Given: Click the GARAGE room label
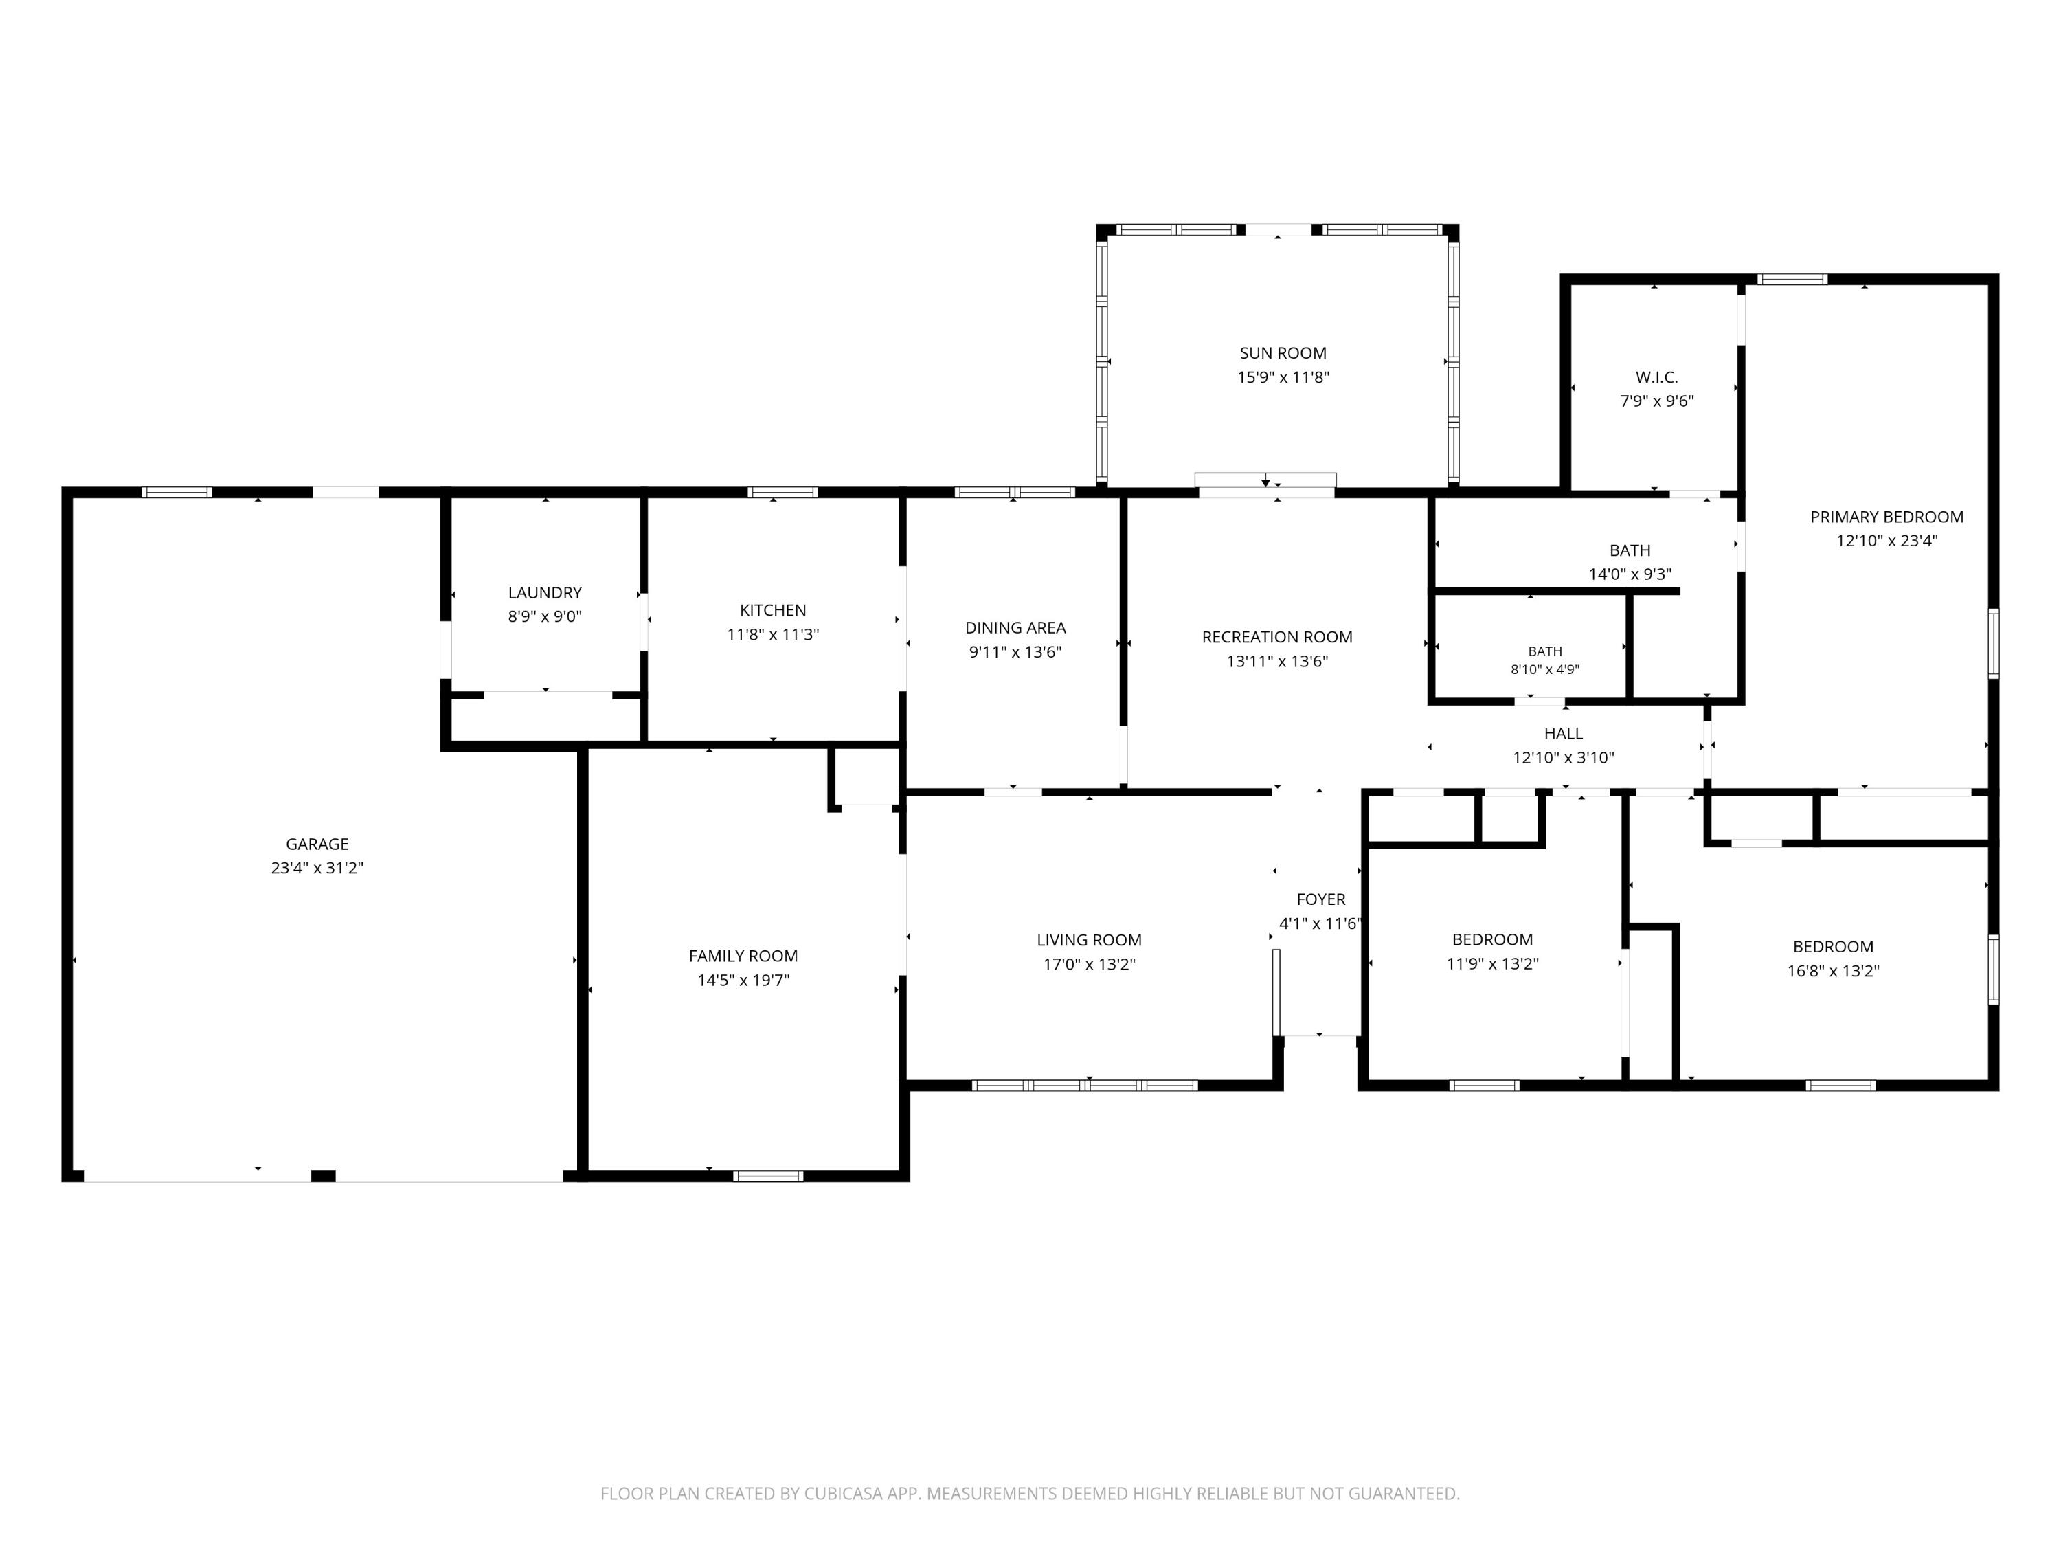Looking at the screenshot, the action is (x=317, y=844).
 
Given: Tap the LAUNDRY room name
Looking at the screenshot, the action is (x=545, y=593).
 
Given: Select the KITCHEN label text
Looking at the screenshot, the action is (x=772, y=610).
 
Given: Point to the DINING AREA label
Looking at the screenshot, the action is (x=1015, y=628).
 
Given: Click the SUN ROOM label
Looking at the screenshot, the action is (x=1283, y=353).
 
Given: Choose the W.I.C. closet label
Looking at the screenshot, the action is (x=1656, y=377).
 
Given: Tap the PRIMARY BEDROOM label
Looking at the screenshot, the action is (x=1887, y=517).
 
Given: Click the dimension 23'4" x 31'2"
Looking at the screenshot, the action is (x=317, y=869).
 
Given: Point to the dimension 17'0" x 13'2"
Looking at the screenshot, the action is (x=1089, y=965).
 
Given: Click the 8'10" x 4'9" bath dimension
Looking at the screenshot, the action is (x=1545, y=670).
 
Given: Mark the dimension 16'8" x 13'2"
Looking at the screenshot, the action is (x=1833, y=971).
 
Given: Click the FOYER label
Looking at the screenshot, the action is (x=1321, y=900).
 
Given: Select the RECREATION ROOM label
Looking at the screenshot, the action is (x=1276, y=638).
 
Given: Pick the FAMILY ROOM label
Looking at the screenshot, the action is (x=743, y=956).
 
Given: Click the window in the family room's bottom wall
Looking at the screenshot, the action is (x=768, y=1176).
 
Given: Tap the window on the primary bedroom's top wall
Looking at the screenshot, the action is (x=1792, y=279).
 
